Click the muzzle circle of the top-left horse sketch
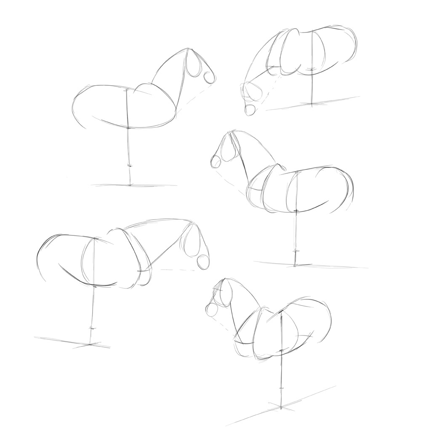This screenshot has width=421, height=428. pyautogui.click(x=209, y=77)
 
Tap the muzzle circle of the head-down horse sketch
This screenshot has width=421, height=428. pyautogui.click(x=250, y=110)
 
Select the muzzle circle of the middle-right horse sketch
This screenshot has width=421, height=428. pyautogui.click(x=216, y=161)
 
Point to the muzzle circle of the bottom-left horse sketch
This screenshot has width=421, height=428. pyautogui.click(x=203, y=262)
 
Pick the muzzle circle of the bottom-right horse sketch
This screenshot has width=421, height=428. pyautogui.click(x=212, y=310)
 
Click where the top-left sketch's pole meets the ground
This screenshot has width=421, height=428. pyautogui.click(x=130, y=185)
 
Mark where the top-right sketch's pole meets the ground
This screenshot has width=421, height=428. pyautogui.click(x=312, y=103)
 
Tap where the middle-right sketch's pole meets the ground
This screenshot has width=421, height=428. pyautogui.click(x=295, y=265)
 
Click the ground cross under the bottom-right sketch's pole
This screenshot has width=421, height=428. pyautogui.click(x=281, y=406)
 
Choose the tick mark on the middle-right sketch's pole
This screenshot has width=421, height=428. pyautogui.click(x=296, y=251)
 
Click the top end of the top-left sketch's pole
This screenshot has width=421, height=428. pyautogui.click(x=127, y=90)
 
